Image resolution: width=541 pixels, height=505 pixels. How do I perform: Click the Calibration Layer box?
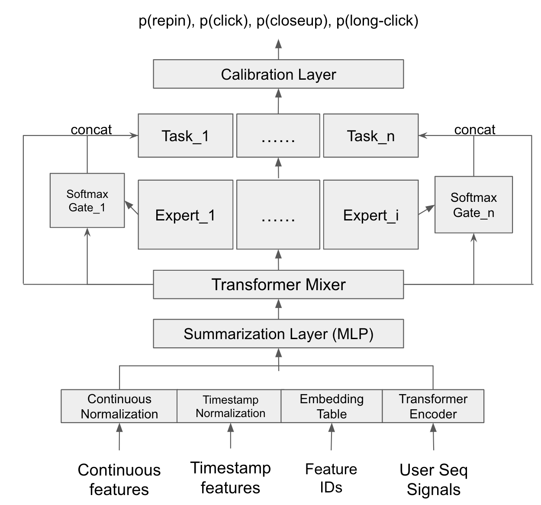[278, 74]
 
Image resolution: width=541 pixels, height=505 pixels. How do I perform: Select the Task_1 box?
[185, 136]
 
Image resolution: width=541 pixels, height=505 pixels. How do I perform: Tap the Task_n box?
[370, 136]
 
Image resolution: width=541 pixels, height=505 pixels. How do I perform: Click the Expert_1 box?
[185, 215]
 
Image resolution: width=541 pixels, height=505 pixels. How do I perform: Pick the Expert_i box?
[370, 215]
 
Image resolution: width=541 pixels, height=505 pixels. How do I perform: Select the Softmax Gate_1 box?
[87, 201]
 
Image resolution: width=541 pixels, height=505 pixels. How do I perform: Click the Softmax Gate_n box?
[473, 205]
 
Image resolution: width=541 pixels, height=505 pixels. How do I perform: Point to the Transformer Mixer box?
[278, 285]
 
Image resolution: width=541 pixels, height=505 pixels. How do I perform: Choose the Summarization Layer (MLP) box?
[278, 333]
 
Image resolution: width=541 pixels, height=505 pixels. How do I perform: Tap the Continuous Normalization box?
[119, 406]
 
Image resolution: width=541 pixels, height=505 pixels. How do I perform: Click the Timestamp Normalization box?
[230, 406]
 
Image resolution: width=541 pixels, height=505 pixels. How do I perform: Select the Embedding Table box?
[332, 406]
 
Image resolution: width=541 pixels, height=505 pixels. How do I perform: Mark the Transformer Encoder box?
[433, 406]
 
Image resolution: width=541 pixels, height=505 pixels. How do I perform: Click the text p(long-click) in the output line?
[377, 20]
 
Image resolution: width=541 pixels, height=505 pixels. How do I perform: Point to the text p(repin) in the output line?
[165, 20]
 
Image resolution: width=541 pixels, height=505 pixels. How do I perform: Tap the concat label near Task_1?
[91, 129]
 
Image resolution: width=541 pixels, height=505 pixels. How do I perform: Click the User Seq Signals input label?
[433, 479]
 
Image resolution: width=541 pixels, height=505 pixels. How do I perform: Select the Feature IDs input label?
[331, 478]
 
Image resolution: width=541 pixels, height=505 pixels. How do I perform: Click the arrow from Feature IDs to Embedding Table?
[332, 437]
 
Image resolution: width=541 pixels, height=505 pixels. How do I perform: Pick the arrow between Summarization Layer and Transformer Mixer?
[278, 309]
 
